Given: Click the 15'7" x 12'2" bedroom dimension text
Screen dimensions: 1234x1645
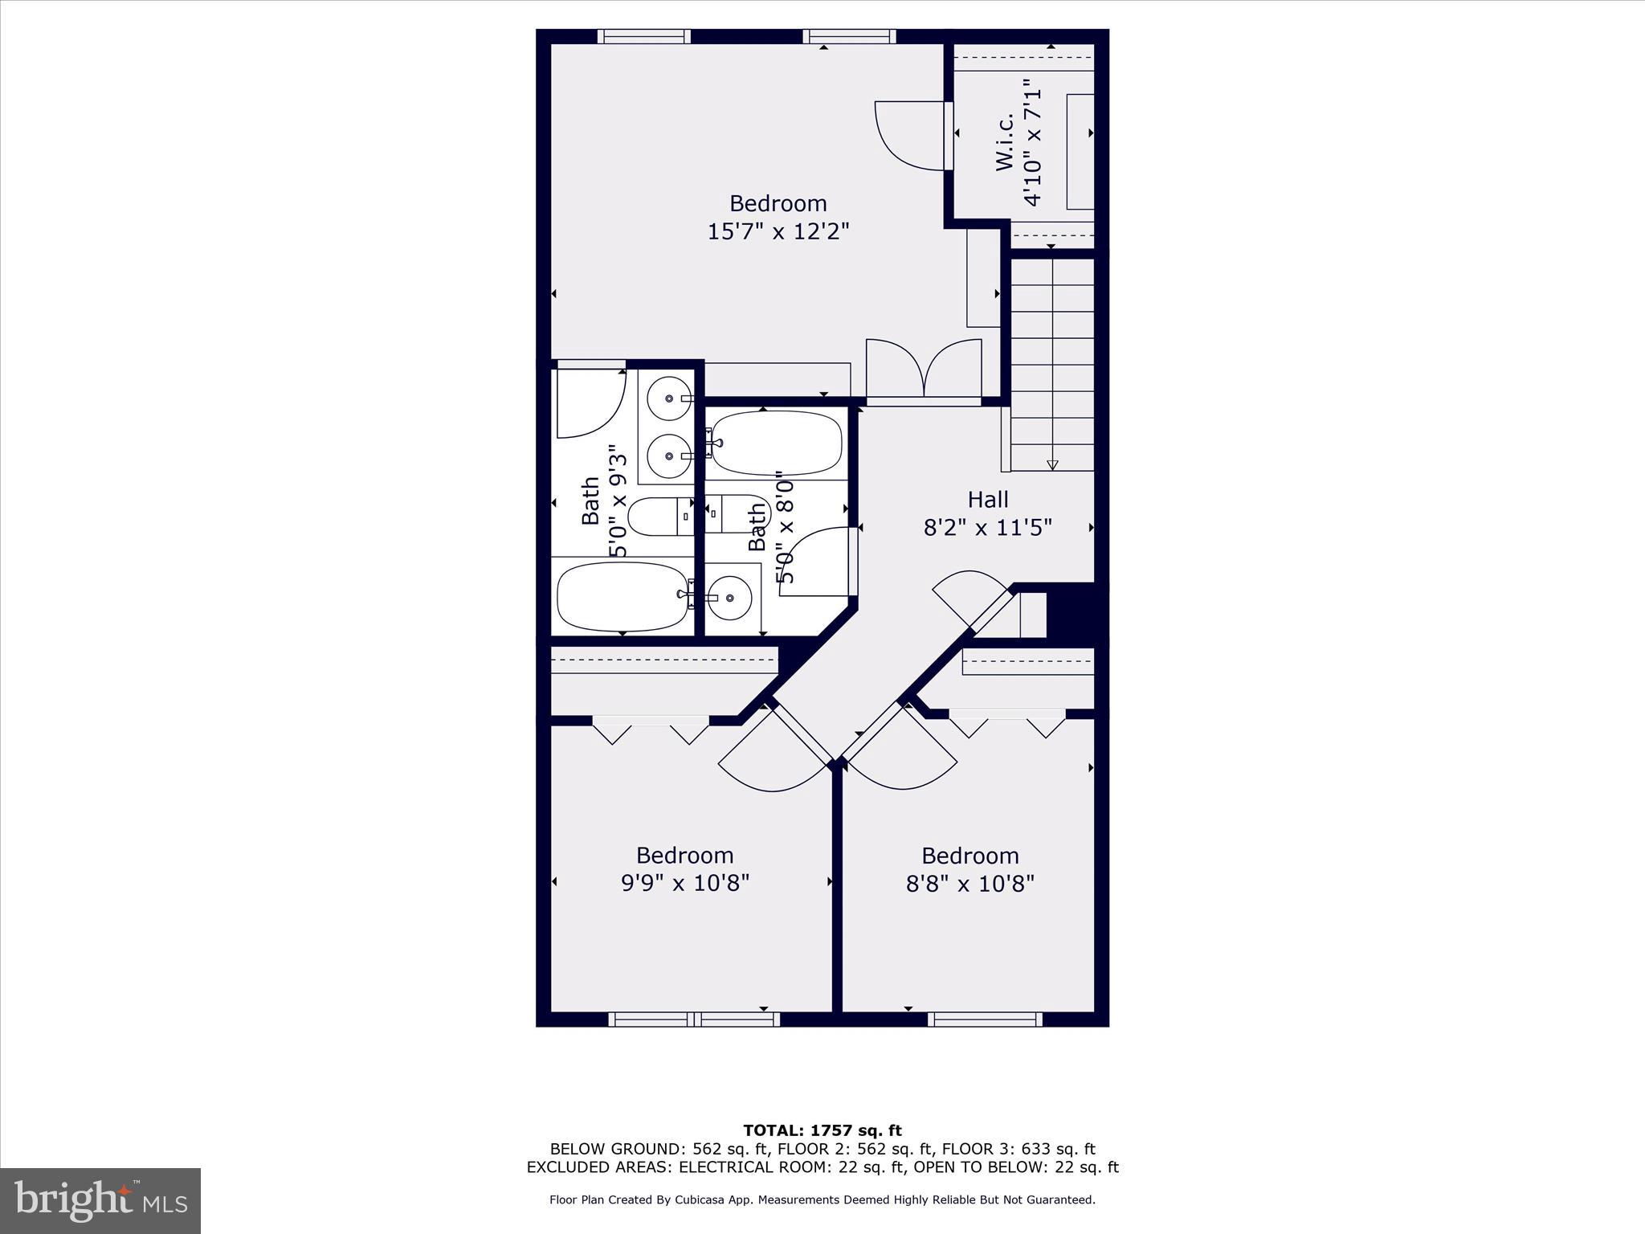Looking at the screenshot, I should pyautogui.click(x=778, y=231).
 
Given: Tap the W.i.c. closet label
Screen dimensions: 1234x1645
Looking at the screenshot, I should pyautogui.click(x=1004, y=141).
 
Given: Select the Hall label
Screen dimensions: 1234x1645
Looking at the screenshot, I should pyautogui.click(x=987, y=499).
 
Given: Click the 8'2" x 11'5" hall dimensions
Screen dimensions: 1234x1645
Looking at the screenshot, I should pyautogui.click(x=987, y=528).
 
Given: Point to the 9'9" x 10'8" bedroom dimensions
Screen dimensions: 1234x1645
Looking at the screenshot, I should pyautogui.click(x=684, y=883).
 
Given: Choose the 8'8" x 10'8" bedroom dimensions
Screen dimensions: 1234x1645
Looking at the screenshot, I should pyautogui.click(x=969, y=884).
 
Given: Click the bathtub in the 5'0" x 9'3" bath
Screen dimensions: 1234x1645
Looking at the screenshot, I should pyautogui.click(x=622, y=596).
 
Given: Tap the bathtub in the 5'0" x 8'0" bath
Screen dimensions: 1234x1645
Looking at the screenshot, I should pyautogui.click(x=777, y=444).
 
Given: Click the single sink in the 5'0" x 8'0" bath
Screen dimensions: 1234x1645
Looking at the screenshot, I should pyautogui.click(x=729, y=597).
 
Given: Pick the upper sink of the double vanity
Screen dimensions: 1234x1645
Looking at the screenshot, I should pyautogui.click(x=668, y=398).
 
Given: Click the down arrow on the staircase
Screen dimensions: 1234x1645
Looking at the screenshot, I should pyautogui.click(x=1052, y=464).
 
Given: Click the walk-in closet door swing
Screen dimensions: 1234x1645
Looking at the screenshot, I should pyautogui.click(x=908, y=137).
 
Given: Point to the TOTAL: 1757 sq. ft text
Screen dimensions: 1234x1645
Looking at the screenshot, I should pyautogui.click(x=822, y=1131).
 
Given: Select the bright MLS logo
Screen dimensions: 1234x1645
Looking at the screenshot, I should pyautogui.click(x=100, y=1201).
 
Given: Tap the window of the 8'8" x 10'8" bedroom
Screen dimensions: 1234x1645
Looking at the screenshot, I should pyautogui.click(x=985, y=1019).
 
